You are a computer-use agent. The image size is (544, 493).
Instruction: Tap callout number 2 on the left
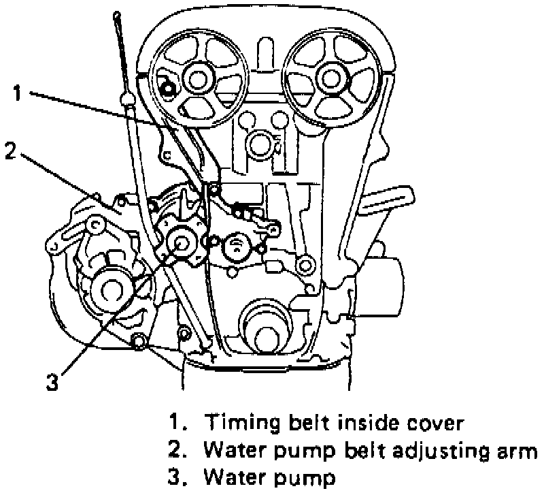click(10, 150)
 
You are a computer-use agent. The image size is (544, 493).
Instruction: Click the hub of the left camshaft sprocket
click(197, 79)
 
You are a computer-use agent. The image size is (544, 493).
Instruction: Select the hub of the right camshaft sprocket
click(333, 79)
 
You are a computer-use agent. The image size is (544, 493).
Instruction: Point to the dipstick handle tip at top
click(117, 14)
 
